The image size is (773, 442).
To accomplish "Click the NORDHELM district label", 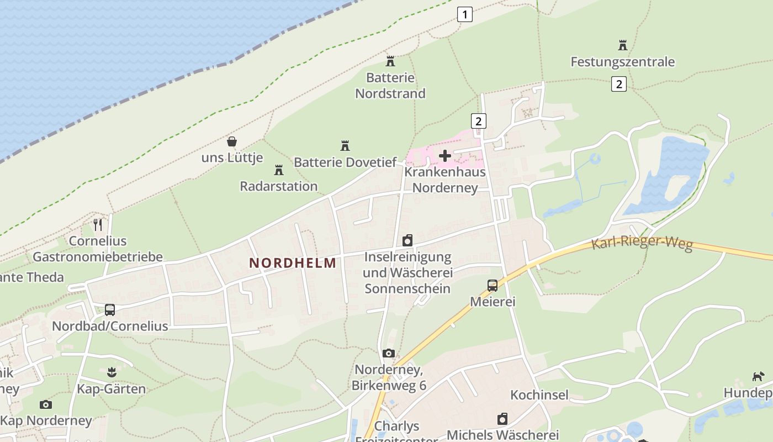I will click(x=293, y=263).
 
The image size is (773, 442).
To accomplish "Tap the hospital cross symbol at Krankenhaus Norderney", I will click(x=445, y=156).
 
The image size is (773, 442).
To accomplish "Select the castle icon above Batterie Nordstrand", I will click(x=390, y=61).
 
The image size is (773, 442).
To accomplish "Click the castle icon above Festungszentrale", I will click(x=623, y=45).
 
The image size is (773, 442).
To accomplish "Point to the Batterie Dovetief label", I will click(x=345, y=162).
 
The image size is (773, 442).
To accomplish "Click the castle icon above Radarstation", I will click(x=279, y=170).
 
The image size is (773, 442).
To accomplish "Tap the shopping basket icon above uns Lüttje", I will click(x=232, y=142).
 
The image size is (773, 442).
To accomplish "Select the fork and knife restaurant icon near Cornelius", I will click(x=98, y=224).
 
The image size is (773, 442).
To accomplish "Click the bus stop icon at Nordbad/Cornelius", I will click(x=110, y=310).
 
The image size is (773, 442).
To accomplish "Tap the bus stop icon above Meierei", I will click(x=493, y=286).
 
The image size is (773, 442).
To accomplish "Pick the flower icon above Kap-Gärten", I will click(x=112, y=372).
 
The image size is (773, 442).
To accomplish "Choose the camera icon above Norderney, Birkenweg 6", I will click(x=389, y=354).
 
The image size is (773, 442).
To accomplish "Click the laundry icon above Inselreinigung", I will click(x=407, y=241).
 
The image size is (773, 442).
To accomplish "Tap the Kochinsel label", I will click(x=539, y=395).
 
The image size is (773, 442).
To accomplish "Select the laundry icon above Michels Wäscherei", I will click(x=502, y=419).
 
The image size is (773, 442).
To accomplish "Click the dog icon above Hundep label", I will click(x=758, y=377).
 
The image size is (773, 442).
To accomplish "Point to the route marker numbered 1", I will click(x=465, y=14).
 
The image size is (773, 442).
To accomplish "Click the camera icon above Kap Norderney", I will click(x=46, y=405).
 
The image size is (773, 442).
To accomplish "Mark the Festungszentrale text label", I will click(x=622, y=62).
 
